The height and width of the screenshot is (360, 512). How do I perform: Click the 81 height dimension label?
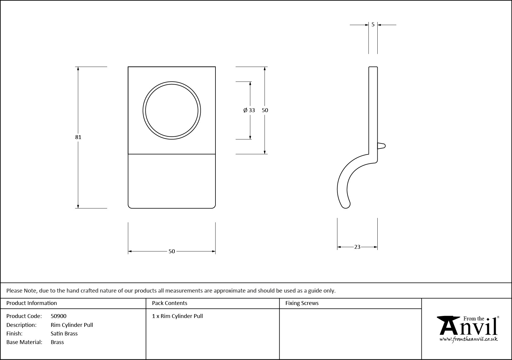pos(78,137)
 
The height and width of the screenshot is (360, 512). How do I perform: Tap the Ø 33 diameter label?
pos(249,110)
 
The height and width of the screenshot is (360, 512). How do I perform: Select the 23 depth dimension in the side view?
pos(357,247)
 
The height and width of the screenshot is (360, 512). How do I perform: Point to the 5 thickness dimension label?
pos(373,25)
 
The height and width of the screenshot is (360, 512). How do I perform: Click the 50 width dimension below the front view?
pos(172,251)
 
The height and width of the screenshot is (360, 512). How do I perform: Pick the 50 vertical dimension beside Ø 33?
pos(265,110)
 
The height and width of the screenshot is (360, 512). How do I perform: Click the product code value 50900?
pos(59,316)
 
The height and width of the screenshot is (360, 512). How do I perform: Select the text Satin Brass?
pos(64,333)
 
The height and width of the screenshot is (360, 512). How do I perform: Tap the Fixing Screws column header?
pos(302,303)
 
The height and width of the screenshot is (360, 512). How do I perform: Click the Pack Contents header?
pos(170,303)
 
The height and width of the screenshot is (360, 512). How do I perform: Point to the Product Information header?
pos(32,303)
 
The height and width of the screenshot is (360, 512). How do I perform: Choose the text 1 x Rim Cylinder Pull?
pos(178,316)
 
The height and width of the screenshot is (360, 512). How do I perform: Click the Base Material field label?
pos(24,342)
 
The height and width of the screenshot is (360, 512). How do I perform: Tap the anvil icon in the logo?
pos(449,325)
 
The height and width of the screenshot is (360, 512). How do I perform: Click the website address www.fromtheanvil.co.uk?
pos(468,339)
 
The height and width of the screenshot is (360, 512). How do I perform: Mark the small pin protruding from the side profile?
pos(381,146)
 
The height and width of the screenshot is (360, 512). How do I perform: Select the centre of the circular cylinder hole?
pos(172,111)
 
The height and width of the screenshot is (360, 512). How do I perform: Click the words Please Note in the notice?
pos(22,290)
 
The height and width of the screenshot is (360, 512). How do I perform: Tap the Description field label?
pos(21,325)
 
